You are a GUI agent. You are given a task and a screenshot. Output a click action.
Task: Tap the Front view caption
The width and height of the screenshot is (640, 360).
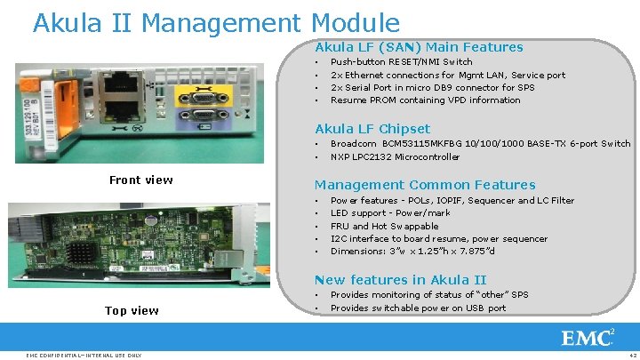[x=140, y=180]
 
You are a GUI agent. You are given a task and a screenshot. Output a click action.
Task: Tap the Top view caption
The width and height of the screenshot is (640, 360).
[x=132, y=310]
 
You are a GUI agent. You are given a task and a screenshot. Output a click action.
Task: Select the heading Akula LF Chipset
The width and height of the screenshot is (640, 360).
[x=372, y=129]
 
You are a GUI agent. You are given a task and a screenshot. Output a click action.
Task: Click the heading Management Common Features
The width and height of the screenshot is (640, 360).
[x=425, y=185]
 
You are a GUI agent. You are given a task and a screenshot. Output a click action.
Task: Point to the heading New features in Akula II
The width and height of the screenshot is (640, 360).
[x=400, y=279]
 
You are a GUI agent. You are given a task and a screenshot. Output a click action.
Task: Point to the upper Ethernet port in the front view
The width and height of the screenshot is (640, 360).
[x=120, y=85]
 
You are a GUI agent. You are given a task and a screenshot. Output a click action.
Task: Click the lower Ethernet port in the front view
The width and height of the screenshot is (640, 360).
[x=120, y=111]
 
